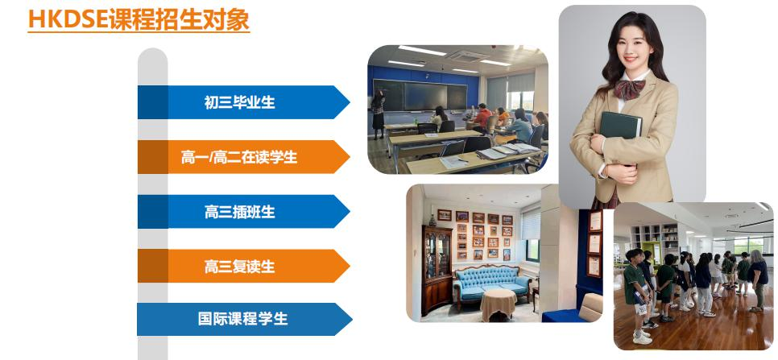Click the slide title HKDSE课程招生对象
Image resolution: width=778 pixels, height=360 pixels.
[x=139, y=20]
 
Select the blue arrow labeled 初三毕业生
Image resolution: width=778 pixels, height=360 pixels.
[x=243, y=102]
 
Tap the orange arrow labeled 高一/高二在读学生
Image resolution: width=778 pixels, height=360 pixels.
[x=243, y=157]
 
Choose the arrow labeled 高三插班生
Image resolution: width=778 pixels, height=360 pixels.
[x=243, y=211]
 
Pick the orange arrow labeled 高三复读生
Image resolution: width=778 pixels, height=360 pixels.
[x=243, y=266]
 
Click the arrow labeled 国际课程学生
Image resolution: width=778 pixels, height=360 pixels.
[x=245, y=319]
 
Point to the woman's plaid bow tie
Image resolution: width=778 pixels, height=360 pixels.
[x=629, y=89]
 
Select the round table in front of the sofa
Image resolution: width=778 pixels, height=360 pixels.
[x=499, y=304]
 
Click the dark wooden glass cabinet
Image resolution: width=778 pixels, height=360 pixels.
[x=437, y=271]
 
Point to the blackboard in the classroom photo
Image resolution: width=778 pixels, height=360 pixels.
[x=420, y=95]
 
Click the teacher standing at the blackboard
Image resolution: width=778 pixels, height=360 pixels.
[x=378, y=114]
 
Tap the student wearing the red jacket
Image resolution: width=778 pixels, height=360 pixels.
[x=482, y=118]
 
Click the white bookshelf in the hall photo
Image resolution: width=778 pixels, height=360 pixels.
[x=655, y=239]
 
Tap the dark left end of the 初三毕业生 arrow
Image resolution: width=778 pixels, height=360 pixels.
[x=153, y=102]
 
